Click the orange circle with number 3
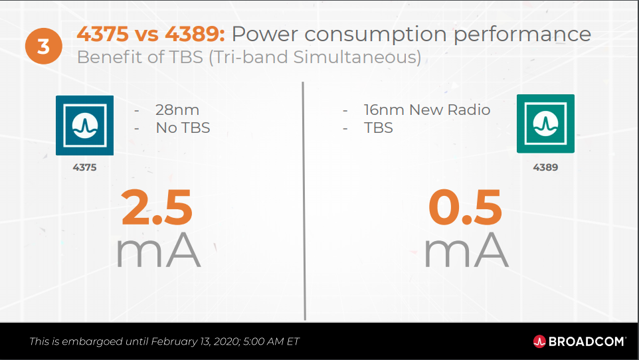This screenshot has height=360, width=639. (44, 46)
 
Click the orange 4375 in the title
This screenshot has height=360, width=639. (103, 33)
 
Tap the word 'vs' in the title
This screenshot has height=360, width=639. (147, 35)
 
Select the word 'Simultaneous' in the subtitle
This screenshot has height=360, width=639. (357, 58)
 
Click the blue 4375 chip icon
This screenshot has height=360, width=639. (85, 125)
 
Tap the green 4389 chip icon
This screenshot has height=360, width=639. (545, 124)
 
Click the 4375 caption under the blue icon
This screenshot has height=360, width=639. (85, 167)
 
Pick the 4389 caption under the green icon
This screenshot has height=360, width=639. (545, 167)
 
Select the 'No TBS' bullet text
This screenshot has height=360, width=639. (183, 128)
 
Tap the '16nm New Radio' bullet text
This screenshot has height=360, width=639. (426, 110)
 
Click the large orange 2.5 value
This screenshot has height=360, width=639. (157, 207)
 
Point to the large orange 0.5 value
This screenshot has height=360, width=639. (465, 207)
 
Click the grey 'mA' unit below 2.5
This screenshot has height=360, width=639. (158, 250)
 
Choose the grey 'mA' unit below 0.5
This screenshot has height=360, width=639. (466, 250)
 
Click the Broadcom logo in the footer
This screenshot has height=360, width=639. (579, 341)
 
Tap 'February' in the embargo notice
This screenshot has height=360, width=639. (169, 341)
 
